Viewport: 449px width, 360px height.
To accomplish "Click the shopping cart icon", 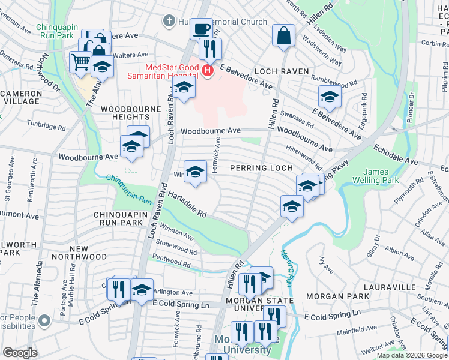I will tap(80, 61).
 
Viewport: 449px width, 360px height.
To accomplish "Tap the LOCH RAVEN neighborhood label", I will tap(281, 71).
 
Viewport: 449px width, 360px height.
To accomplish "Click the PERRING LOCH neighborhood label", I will tap(261, 168).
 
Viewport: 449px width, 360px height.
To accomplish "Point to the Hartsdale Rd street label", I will tap(187, 204).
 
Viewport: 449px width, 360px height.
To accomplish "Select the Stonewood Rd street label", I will tap(176, 245).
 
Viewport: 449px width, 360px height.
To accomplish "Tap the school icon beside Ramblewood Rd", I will tap(330, 96).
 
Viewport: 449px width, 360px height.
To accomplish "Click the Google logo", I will tap(20, 352).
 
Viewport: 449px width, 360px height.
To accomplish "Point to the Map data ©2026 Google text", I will tap(411, 355).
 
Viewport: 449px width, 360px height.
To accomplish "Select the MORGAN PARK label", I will tap(337, 296).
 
